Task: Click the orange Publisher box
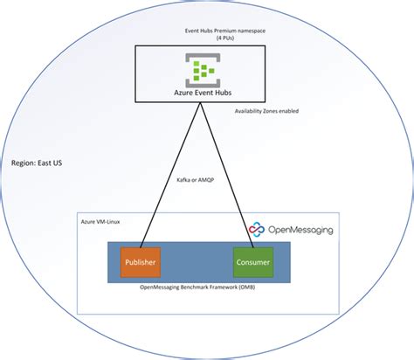141,260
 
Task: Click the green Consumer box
253,260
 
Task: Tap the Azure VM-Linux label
103,221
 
